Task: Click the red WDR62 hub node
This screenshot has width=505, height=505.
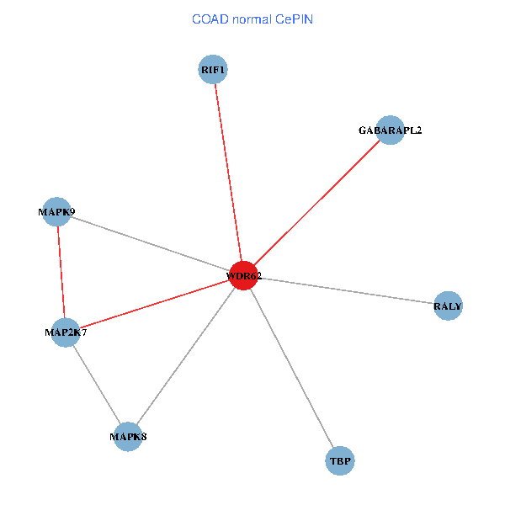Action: click(243, 275)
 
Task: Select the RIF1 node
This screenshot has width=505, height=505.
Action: click(213, 69)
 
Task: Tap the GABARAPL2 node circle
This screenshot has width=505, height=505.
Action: click(390, 130)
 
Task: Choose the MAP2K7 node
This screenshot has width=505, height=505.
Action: click(66, 332)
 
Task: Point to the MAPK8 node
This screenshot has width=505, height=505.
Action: click(127, 436)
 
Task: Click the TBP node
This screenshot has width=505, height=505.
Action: click(339, 460)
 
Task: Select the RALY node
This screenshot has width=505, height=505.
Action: click(448, 306)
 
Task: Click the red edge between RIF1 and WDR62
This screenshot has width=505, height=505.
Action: click(228, 173)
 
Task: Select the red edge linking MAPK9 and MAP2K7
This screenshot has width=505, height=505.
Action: click(61, 272)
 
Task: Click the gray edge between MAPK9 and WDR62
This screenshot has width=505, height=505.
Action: click(150, 244)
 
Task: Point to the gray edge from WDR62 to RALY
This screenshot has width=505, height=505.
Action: click(345, 290)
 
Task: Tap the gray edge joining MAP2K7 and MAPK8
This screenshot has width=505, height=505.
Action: click(96, 384)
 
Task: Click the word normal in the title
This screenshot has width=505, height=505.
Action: click(249, 19)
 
